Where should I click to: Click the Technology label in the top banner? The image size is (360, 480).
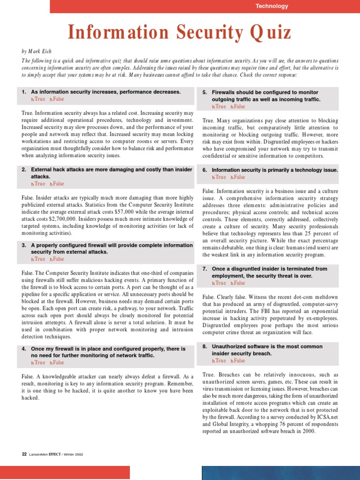272,6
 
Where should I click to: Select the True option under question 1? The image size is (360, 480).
38,99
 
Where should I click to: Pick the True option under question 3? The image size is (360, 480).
38,259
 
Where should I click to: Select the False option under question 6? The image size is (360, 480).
237,177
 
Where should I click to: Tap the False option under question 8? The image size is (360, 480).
237,360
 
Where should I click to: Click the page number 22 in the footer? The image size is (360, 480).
24,454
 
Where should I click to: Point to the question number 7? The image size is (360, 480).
205,269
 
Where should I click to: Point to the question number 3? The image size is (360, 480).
24,245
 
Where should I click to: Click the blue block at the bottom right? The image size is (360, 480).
281,472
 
